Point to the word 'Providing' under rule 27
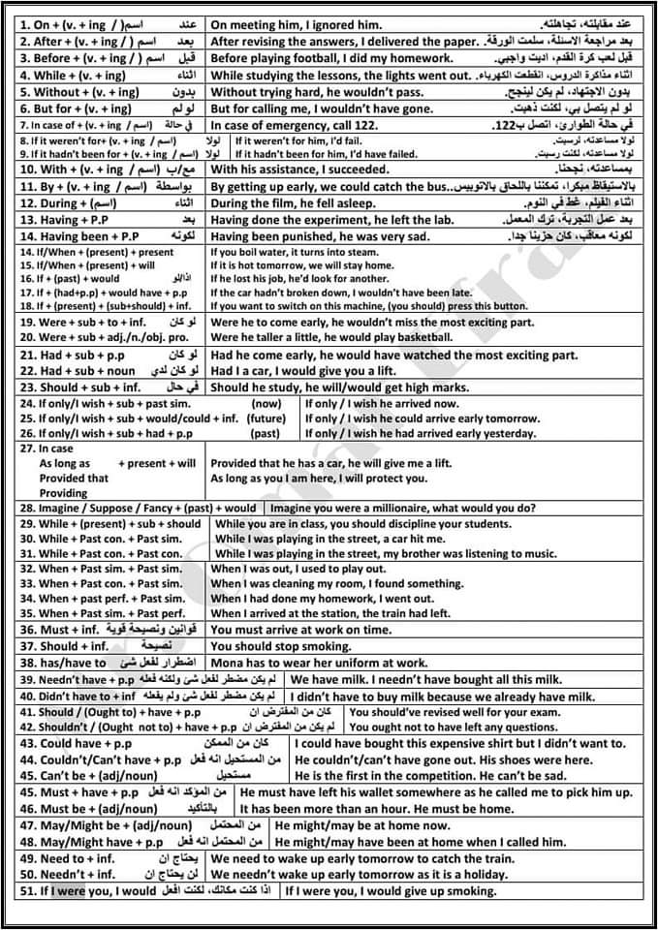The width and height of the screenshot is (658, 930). coord(63,493)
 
